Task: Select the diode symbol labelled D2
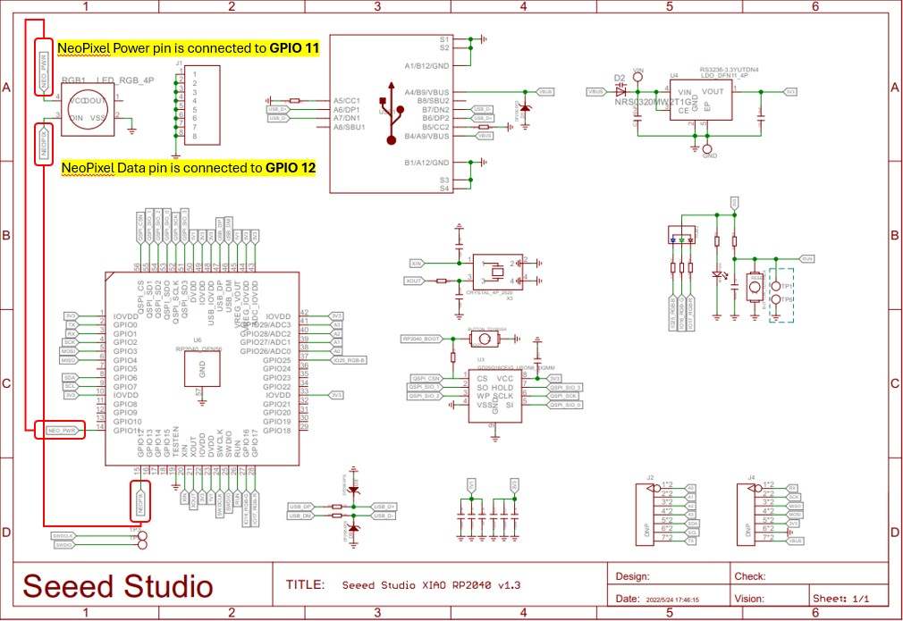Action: click(x=621, y=91)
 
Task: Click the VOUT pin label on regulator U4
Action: click(x=713, y=91)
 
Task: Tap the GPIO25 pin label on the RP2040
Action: click(x=274, y=360)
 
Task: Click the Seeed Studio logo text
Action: click(x=118, y=586)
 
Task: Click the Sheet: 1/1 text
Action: click(x=839, y=598)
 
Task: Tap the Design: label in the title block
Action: click(x=633, y=576)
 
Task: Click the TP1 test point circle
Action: click(x=777, y=286)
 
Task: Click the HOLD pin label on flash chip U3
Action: click(x=502, y=387)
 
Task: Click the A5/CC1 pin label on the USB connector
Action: click(x=346, y=101)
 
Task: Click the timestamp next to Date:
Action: click(x=674, y=600)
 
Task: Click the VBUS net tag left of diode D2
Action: click(x=596, y=91)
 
